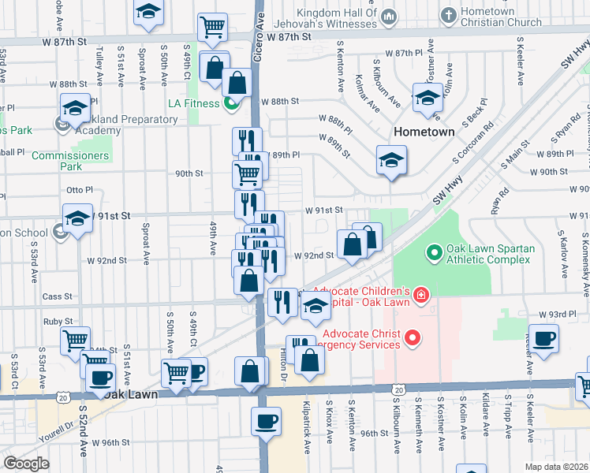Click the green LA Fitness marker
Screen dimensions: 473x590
click(231, 103)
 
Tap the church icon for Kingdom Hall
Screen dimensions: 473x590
click(387, 17)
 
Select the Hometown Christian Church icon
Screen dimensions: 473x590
click(448, 15)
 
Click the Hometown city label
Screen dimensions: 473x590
click(424, 132)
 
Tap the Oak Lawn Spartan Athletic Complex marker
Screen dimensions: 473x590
click(433, 253)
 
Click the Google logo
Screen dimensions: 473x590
click(25, 464)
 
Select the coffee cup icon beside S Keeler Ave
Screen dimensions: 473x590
click(543, 340)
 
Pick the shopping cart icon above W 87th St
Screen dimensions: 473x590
click(212, 27)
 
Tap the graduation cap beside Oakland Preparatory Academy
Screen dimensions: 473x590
click(74, 108)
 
